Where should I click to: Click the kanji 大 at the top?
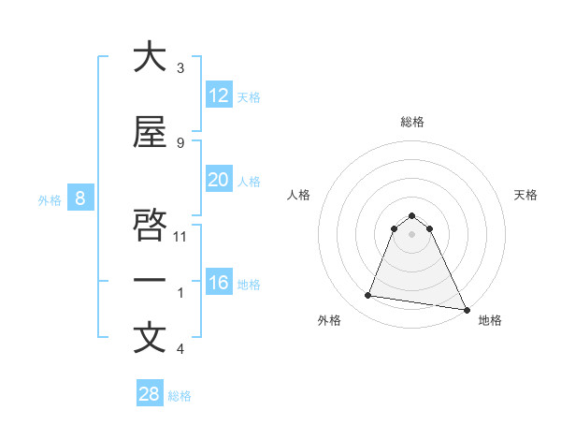(x=150, y=57)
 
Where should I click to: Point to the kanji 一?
(x=150, y=280)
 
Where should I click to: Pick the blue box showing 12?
(x=218, y=95)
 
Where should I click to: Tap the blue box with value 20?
(x=218, y=180)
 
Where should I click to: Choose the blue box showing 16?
(x=218, y=283)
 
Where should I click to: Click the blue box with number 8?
(x=80, y=198)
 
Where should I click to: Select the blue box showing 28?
(x=149, y=394)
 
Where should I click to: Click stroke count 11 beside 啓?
(x=180, y=236)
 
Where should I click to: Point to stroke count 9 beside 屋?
(x=180, y=142)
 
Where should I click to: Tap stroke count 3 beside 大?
(x=180, y=68)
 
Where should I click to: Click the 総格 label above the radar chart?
(x=412, y=122)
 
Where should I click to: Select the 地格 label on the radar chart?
(x=490, y=321)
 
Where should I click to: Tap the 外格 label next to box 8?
(x=49, y=199)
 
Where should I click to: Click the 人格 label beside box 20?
(x=249, y=181)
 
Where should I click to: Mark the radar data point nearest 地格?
(x=465, y=308)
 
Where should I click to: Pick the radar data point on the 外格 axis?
(x=368, y=296)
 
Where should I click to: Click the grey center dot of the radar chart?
(x=412, y=234)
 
